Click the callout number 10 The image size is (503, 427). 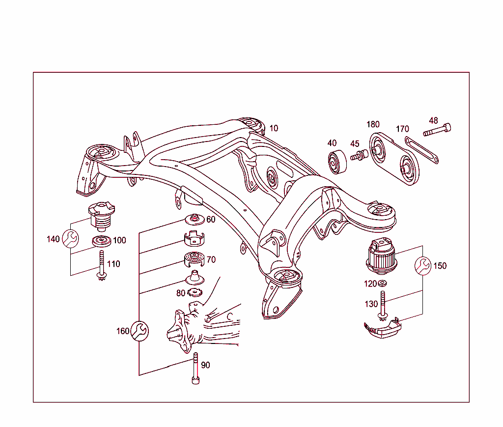pos(274,128)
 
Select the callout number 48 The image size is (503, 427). pos(433,120)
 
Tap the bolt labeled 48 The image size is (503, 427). pos(437,130)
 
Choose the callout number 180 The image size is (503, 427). pos(373,124)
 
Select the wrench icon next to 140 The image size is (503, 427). pos(71,239)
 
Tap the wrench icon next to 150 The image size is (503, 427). pos(423,265)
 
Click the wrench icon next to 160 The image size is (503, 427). pos(140,331)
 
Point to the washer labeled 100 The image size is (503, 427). pos(102,242)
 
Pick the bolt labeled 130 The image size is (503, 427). pos(382,306)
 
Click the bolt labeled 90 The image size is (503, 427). pos(195,369)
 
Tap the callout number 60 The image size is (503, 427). pos(211,220)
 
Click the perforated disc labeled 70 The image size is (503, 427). pos(194,258)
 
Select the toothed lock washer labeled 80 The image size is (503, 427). pos(195,293)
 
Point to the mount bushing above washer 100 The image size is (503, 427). pos(101,215)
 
